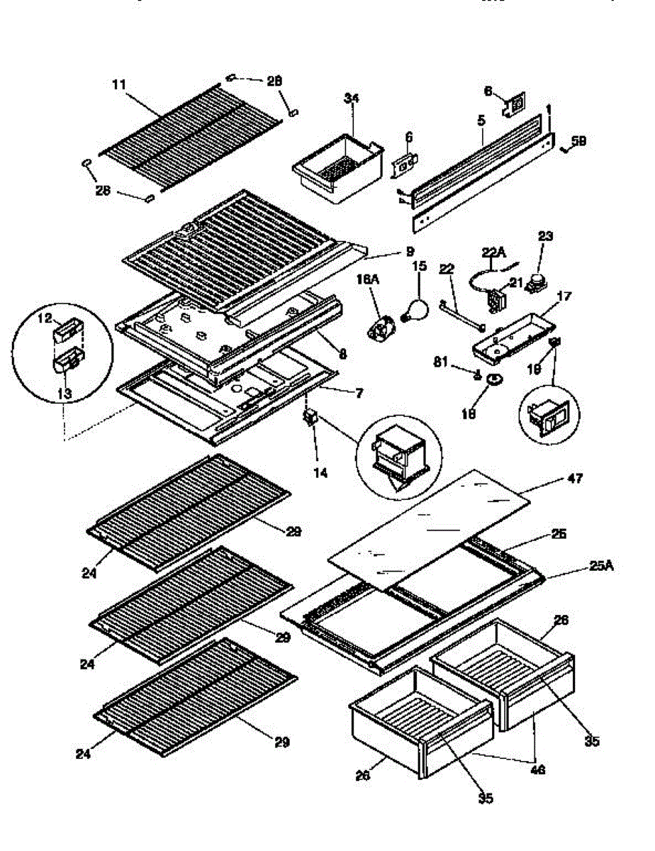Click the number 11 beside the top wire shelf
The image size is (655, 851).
pyautogui.click(x=119, y=84)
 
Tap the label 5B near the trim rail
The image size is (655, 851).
pyautogui.click(x=579, y=142)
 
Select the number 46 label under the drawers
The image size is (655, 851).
pyautogui.click(x=538, y=769)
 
